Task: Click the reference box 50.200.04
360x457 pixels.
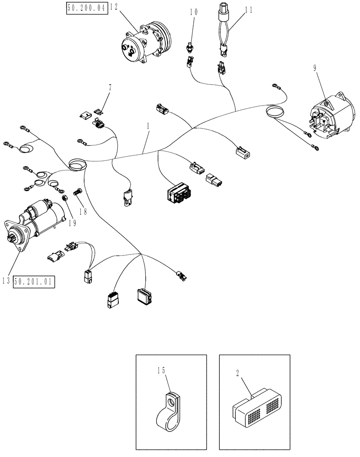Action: point(87,8)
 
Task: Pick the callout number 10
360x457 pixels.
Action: point(194,12)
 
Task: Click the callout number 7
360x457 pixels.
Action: point(109,86)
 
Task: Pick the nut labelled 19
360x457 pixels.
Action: point(65,198)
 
